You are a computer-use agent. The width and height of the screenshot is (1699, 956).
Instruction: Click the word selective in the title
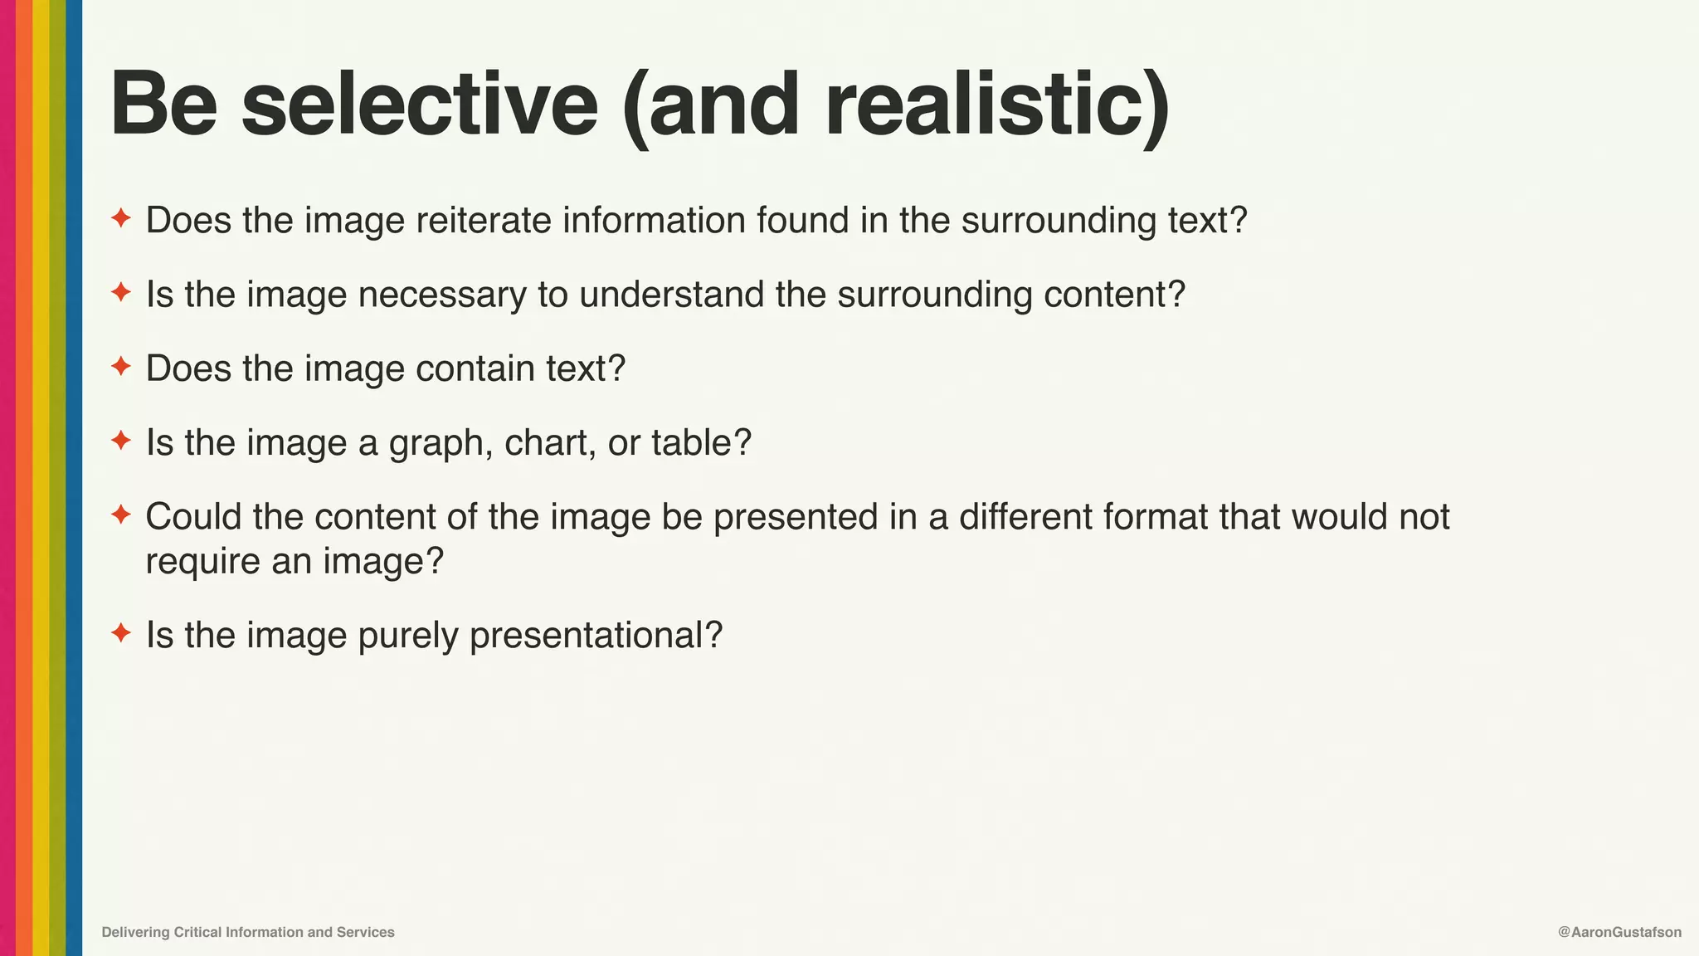click(419, 105)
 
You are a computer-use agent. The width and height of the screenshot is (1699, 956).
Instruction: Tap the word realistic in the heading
click(986, 105)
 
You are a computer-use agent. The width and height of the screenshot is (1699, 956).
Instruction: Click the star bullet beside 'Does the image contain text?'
click(121, 366)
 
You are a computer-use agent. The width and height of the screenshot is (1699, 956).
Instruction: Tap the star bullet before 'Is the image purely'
click(121, 633)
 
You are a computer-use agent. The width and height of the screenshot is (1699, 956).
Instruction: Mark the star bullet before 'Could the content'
click(121, 515)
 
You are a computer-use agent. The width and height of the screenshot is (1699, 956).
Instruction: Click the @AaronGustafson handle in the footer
click(1619, 932)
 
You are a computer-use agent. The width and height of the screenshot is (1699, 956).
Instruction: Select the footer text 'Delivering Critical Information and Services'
click(248, 932)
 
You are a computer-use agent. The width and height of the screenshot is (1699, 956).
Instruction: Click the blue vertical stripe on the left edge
click(74, 478)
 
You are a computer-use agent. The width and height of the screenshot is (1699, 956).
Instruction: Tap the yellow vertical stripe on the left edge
click(41, 478)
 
